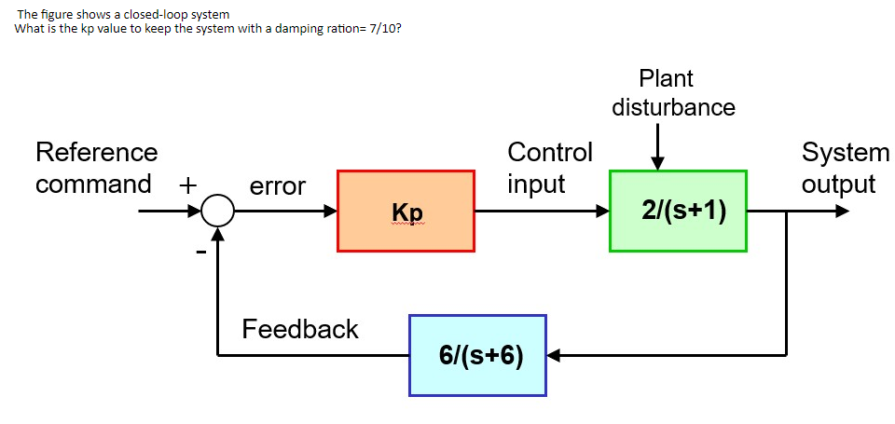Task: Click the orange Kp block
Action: tap(406, 212)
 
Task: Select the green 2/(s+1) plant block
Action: tap(678, 212)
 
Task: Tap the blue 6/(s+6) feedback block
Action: tap(477, 355)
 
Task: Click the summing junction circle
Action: tap(217, 212)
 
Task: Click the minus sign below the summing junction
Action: tap(199, 250)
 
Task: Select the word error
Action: tap(278, 186)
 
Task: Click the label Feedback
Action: tap(299, 329)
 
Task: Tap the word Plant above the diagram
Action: tap(666, 78)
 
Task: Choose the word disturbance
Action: tap(673, 107)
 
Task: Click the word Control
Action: tap(549, 152)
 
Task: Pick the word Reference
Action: tap(96, 152)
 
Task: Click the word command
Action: tap(93, 184)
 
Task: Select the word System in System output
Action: tap(846, 152)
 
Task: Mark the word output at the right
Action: tap(838, 184)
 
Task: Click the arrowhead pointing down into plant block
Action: tap(658, 163)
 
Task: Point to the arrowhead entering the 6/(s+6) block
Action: tap(553, 355)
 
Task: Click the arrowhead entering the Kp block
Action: tap(330, 212)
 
